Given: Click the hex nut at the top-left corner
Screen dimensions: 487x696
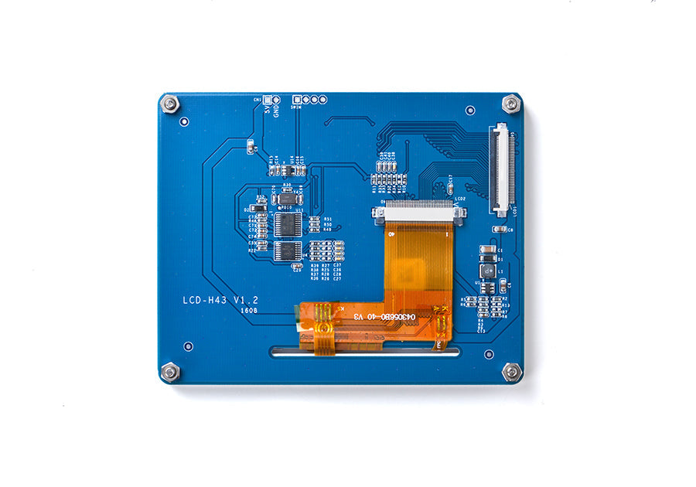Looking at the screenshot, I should click(x=170, y=104).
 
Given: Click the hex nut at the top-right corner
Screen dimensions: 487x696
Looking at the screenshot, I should click(x=510, y=103).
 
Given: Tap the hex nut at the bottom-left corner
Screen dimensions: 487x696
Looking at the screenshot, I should click(x=170, y=372).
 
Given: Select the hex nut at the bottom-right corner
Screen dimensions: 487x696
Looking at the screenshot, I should click(x=511, y=372).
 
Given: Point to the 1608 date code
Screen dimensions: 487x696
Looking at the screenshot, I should click(x=249, y=311).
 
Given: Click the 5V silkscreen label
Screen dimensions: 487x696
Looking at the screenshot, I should click(x=267, y=110).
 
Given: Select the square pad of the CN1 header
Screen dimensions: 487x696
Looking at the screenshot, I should click(x=268, y=100).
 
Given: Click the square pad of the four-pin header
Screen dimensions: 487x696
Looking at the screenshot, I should click(x=296, y=100).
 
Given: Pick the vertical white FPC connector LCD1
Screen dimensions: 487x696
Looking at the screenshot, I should click(x=503, y=169).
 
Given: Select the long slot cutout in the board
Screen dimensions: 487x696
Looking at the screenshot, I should click(x=364, y=352).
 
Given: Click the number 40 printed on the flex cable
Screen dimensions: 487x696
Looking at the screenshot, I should click(x=372, y=317).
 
